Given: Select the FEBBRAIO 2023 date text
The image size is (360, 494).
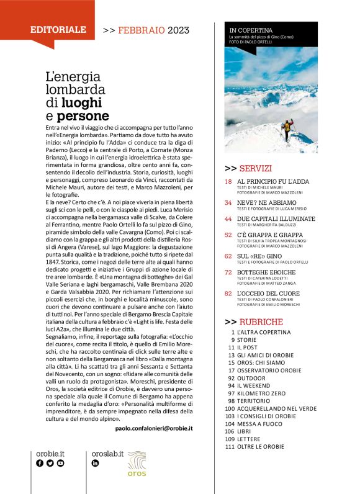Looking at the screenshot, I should tap(147, 29).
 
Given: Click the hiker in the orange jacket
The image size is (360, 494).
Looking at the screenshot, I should tap(286, 128).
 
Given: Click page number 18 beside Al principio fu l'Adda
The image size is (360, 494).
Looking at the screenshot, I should tap(228, 181).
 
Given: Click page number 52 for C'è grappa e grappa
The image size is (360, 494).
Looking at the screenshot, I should tap(228, 236).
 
